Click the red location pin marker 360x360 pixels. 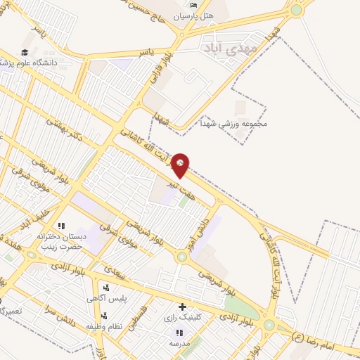[181, 165]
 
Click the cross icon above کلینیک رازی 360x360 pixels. [182, 307]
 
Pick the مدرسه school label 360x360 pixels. [179, 342]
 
